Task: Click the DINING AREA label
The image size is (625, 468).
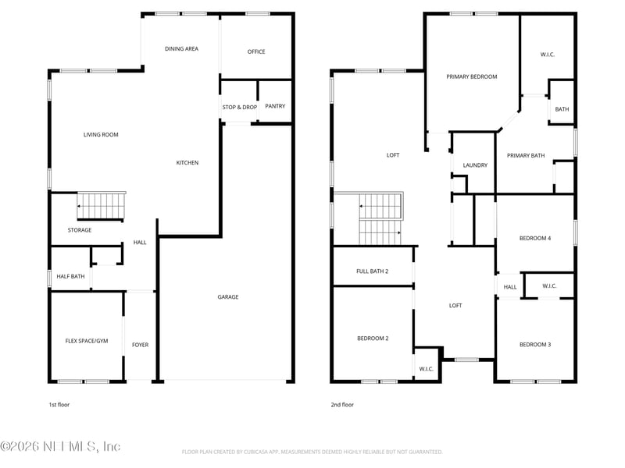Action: coord(181,48)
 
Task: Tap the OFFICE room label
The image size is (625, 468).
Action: coord(256,51)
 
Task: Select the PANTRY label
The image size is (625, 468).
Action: coord(275,106)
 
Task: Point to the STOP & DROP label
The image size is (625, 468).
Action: coord(240,107)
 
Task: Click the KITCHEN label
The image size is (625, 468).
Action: coord(187,162)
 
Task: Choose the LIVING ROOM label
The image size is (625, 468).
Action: coord(101,134)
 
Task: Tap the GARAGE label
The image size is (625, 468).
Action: coord(228,296)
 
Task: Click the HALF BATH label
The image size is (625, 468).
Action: coord(71,276)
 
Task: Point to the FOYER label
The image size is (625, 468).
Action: coord(140,344)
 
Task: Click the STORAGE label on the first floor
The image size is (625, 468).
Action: coord(80,230)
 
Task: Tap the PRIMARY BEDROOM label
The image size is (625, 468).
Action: coord(472,76)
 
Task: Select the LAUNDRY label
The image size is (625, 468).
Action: coord(475,165)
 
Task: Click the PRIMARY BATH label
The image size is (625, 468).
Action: coord(526,155)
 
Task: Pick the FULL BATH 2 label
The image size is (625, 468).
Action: coord(373,271)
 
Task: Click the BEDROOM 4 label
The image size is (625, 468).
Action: coord(535,238)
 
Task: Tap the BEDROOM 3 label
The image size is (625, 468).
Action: coord(535,344)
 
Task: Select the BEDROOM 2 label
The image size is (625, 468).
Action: coord(373,338)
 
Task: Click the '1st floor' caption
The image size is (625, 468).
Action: coord(59,405)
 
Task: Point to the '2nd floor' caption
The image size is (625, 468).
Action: coord(342,405)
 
